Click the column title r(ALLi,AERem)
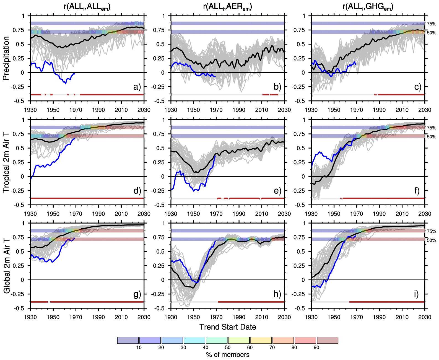[227, 7]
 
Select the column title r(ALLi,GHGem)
[368, 7]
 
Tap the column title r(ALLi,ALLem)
[87, 7]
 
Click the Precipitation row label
[6, 58]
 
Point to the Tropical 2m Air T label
[6, 162]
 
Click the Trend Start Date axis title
[228, 327]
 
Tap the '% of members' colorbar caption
[228, 355]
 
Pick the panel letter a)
[137, 87]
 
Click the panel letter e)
[277, 191]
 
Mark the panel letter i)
[416, 294]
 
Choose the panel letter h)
[277, 294]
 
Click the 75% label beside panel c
[432, 24]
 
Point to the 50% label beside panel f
[432, 137]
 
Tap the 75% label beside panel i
[432, 231]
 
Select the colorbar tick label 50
[228, 348]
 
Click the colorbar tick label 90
[316, 348]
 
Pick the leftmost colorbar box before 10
[128, 340]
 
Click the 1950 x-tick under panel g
[53, 317]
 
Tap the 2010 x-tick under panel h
[261, 317]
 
